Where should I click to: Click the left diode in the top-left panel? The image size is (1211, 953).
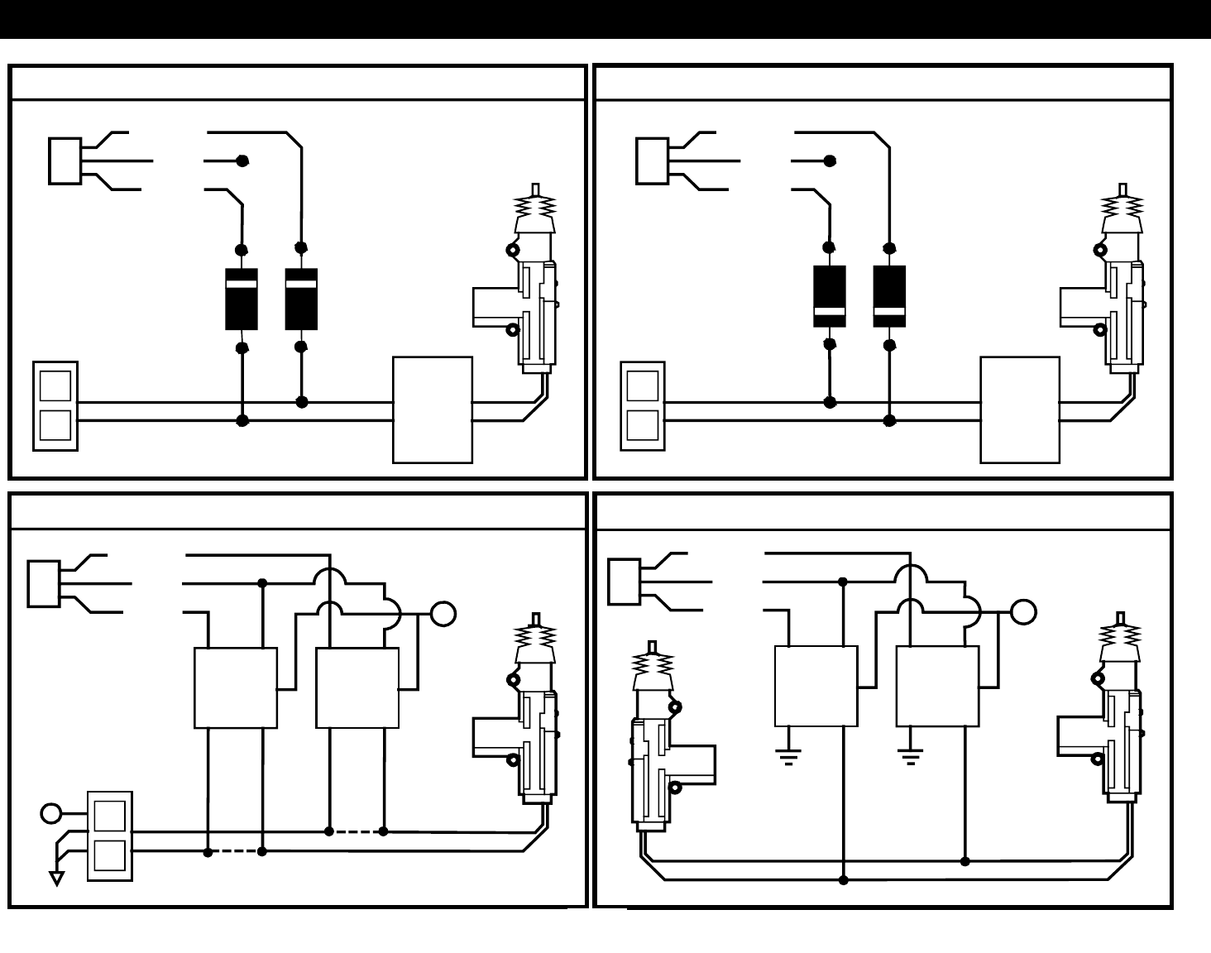point(242,299)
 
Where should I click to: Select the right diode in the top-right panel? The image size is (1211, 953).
point(889,296)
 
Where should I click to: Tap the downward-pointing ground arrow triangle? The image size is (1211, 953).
point(57,878)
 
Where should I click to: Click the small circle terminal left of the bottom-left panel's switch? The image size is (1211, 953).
point(51,813)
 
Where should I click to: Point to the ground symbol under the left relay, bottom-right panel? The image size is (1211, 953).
point(788,755)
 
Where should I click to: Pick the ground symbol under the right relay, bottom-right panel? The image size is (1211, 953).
point(910,755)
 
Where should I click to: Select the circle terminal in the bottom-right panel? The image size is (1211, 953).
point(1023,612)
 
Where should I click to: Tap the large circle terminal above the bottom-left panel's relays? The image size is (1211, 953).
point(444,615)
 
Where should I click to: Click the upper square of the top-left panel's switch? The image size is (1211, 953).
point(55,386)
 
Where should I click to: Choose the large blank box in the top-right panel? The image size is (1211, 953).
point(1020,409)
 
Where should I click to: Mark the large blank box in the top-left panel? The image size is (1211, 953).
point(433,409)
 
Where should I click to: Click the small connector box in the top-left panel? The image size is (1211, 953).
point(65,160)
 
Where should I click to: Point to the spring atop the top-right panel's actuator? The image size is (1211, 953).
point(1122,204)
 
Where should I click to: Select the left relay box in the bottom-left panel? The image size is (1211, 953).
point(236,687)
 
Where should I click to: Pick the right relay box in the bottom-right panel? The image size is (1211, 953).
point(937,687)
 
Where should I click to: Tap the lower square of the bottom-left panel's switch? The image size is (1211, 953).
point(110,855)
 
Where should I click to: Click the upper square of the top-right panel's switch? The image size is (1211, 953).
point(643,386)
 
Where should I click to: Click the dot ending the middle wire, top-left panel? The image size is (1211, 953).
point(242,160)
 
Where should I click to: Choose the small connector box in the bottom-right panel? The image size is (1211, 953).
point(624,582)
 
